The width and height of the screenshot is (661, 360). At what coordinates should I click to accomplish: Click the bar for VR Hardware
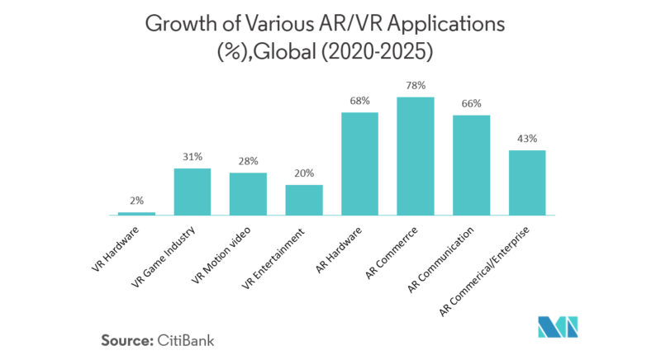[136, 213]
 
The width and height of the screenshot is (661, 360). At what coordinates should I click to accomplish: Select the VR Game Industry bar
[193, 192]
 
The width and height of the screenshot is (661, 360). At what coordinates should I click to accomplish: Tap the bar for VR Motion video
[248, 194]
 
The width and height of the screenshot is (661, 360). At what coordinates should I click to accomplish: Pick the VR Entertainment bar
[304, 200]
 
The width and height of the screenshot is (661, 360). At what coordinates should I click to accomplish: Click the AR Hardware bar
[359, 163]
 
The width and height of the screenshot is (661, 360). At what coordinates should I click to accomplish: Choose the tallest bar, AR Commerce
[416, 156]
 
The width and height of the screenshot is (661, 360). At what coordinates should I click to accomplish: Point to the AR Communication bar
[472, 165]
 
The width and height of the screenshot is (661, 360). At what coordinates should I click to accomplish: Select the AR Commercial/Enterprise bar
[527, 182]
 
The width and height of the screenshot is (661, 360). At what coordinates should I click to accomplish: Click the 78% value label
[416, 86]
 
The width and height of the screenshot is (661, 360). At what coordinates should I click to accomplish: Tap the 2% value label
[136, 201]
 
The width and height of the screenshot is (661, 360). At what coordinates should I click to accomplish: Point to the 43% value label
[527, 139]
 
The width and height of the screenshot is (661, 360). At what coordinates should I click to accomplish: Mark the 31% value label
[193, 157]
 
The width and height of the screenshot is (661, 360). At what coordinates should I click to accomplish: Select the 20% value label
[304, 173]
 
